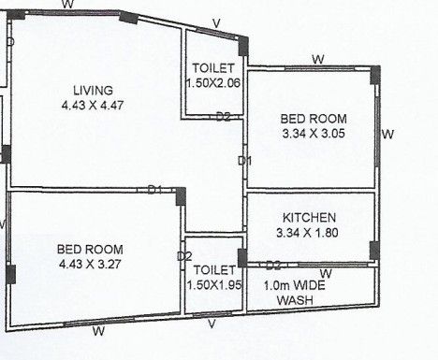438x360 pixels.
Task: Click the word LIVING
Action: point(93,91)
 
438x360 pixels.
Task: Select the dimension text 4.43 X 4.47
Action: point(93,106)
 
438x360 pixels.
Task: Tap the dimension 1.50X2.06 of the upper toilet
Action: point(213,83)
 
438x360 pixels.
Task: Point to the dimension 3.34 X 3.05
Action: point(314,134)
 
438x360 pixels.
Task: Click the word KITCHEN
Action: point(309,218)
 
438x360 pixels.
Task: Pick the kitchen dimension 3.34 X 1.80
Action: point(307,233)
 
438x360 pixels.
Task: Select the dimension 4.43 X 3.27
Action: point(90,265)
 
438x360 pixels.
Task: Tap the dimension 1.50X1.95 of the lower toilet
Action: point(214,285)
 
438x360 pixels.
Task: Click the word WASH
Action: point(295,300)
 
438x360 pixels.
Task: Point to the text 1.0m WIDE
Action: point(295,285)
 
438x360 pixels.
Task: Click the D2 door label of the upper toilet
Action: point(224,117)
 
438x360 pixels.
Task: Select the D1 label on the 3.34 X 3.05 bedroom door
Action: point(244,161)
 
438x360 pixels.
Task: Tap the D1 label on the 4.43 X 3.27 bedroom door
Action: point(154,189)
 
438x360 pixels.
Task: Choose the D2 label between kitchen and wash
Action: point(273,266)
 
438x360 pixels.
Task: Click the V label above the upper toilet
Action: point(216,23)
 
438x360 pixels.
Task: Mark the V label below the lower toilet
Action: point(212,324)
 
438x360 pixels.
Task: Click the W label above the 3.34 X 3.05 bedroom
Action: point(318,59)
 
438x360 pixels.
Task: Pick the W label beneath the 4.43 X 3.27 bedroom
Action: point(98,331)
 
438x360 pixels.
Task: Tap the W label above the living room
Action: point(67,5)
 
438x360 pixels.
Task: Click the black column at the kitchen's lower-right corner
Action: point(374,251)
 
